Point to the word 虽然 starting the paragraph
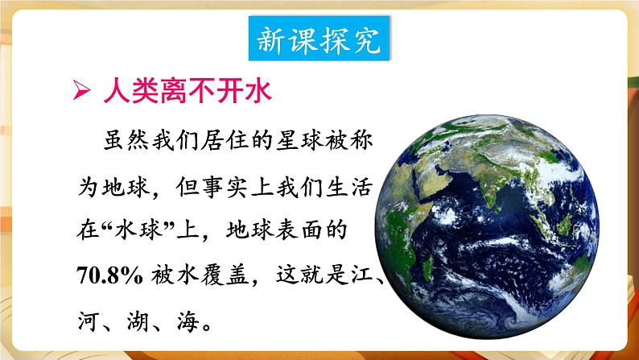(126, 139)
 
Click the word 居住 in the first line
(224, 139)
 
